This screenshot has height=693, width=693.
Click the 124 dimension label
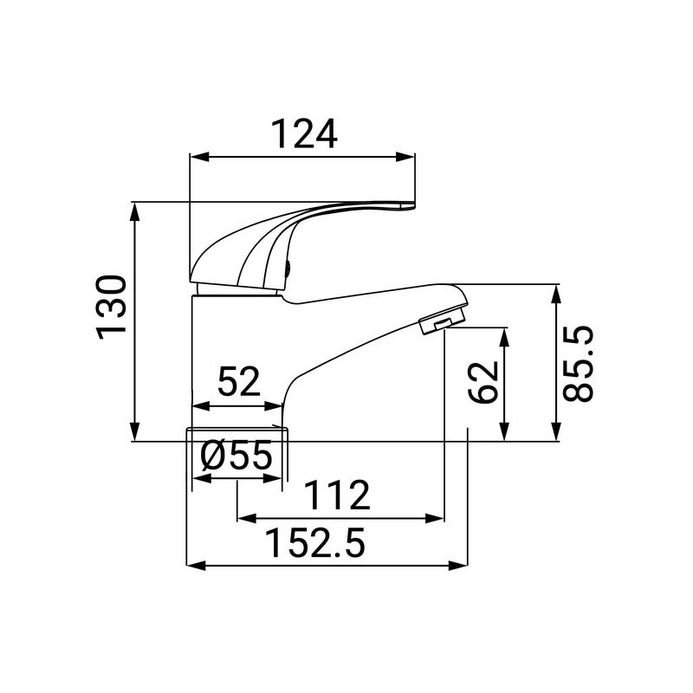tap(303, 134)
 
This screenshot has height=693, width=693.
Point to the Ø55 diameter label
tap(236, 456)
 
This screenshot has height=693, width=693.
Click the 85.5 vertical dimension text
tap(577, 364)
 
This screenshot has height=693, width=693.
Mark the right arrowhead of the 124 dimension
tap(409, 158)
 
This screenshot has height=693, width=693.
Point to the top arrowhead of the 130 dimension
tap(135, 209)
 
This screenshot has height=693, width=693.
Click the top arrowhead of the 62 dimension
tap(505, 333)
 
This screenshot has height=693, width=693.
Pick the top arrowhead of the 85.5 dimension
tap(557, 288)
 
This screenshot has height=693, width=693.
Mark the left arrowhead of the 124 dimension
tap(195, 158)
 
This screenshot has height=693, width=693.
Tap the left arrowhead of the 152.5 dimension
tap(194, 567)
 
